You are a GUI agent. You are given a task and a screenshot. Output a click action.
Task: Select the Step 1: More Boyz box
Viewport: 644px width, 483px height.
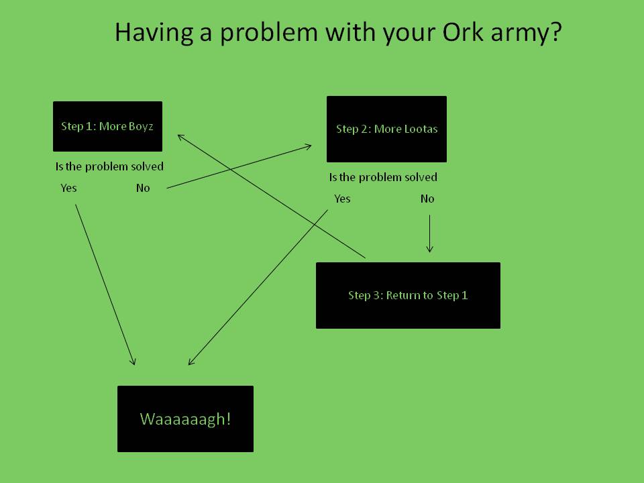[107, 127]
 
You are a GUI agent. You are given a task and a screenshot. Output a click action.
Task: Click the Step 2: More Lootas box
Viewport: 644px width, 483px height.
[386, 129]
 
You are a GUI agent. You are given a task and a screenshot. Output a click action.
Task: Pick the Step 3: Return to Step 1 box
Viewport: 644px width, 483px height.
[408, 295]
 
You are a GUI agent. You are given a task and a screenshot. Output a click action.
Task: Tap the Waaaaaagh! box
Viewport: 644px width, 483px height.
[185, 419]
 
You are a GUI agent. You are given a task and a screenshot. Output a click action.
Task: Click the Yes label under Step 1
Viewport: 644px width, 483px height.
[68, 188]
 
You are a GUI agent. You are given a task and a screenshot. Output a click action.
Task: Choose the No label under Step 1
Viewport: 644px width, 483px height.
[143, 188]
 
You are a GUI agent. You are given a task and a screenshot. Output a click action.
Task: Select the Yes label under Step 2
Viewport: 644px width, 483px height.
[342, 199]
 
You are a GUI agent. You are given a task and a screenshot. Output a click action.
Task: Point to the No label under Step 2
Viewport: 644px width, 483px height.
[427, 199]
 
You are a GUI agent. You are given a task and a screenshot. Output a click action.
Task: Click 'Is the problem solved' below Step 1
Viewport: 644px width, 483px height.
[109, 166]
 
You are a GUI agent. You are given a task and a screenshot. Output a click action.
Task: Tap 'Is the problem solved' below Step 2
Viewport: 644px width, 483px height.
[383, 177]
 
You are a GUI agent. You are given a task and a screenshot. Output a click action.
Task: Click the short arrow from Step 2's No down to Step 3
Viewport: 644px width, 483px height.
[429, 233]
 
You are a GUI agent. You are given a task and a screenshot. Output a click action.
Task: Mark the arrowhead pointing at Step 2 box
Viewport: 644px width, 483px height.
[309, 146]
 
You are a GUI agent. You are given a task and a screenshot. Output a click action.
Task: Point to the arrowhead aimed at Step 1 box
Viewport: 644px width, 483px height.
[180, 137]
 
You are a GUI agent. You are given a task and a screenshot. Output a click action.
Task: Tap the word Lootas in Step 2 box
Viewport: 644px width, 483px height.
[421, 129]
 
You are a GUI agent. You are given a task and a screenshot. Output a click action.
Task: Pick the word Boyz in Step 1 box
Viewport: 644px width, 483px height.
[140, 127]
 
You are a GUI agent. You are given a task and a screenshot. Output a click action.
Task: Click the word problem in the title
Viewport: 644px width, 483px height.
[269, 33]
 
